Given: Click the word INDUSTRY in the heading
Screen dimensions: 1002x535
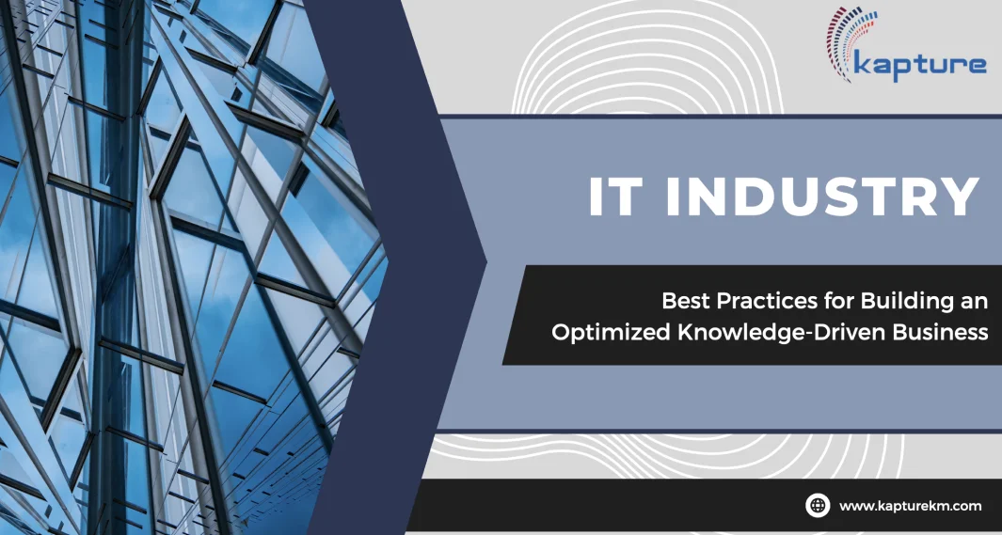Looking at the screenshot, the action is pos(823,197).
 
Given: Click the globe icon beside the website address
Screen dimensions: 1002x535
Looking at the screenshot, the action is pos(818,505).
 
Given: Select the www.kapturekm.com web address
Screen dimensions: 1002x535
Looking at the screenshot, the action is pos(910,506).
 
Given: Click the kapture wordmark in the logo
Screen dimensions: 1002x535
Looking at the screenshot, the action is pos(919,67).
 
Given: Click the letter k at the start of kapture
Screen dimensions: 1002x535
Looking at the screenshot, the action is pos(862,63).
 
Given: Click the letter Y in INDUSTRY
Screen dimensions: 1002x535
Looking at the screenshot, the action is pos(961,197).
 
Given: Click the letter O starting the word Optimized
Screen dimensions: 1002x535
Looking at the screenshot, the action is pos(562,333).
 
